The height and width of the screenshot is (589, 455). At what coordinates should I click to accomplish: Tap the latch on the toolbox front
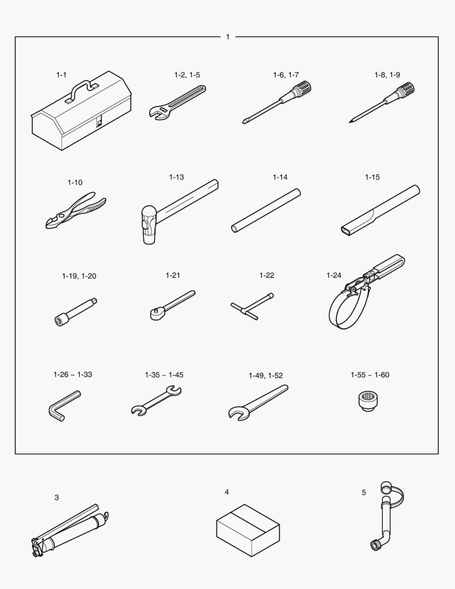[x=99, y=122]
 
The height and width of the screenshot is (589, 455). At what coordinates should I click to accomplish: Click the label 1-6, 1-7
[x=286, y=75]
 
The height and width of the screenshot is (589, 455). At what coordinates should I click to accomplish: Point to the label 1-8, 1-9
[x=387, y=75]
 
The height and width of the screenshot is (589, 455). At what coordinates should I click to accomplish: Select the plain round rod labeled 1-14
[x=266, y=211]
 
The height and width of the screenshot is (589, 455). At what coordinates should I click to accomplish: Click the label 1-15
[x=372, y=177]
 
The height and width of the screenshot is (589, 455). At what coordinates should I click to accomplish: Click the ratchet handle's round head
[x=156, y=314]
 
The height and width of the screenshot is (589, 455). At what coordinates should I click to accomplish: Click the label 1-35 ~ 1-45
[x=164, y=375]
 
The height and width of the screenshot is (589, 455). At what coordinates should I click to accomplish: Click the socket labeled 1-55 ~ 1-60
[x=369, y=400]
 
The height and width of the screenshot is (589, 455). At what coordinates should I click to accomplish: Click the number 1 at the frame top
[x=228, y=37]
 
